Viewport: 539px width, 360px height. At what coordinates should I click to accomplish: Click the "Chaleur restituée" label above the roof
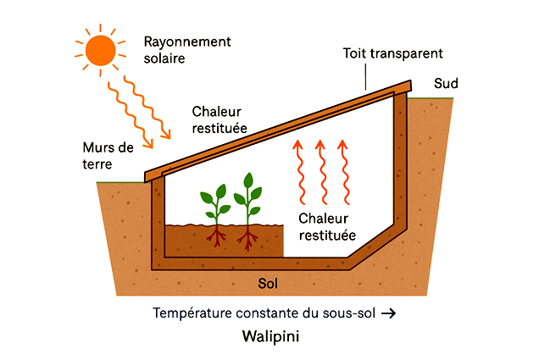219,119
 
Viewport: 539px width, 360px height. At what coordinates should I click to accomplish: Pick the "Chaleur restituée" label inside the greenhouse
327,226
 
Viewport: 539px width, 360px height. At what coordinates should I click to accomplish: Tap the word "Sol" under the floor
268,282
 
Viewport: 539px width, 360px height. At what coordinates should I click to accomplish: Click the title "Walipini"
269,337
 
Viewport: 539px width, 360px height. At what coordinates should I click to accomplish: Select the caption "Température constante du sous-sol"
264,313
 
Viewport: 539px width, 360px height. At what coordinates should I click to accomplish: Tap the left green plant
214,202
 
